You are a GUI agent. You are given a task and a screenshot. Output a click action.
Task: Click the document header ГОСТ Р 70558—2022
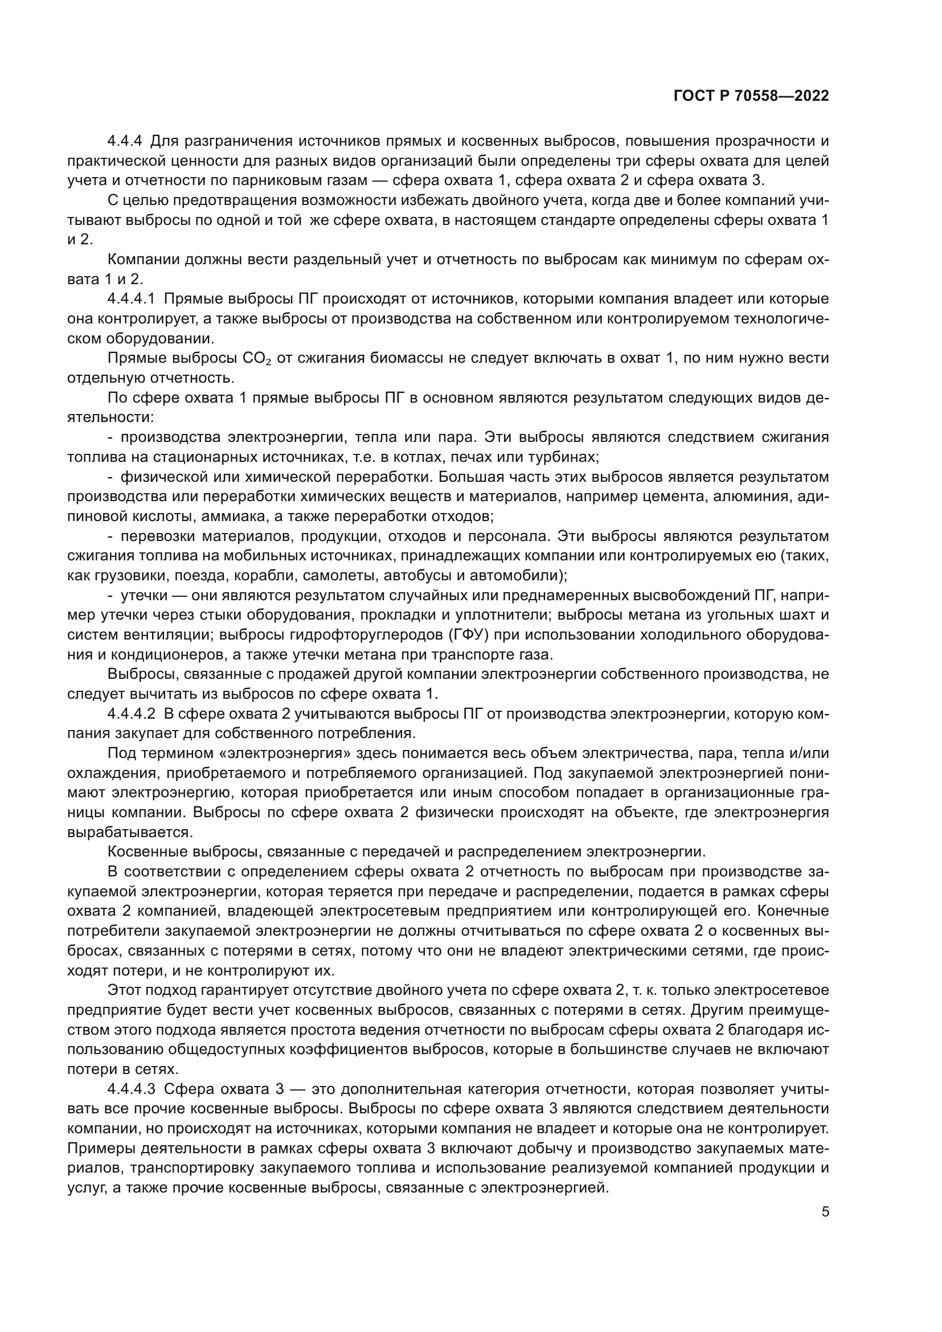[751, 96]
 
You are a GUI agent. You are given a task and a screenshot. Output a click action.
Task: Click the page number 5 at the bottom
[825, 1212]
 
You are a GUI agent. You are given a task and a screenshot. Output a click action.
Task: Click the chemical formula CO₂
[257, 359]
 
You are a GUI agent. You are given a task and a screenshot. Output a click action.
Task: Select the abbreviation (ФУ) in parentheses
[468, 634]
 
